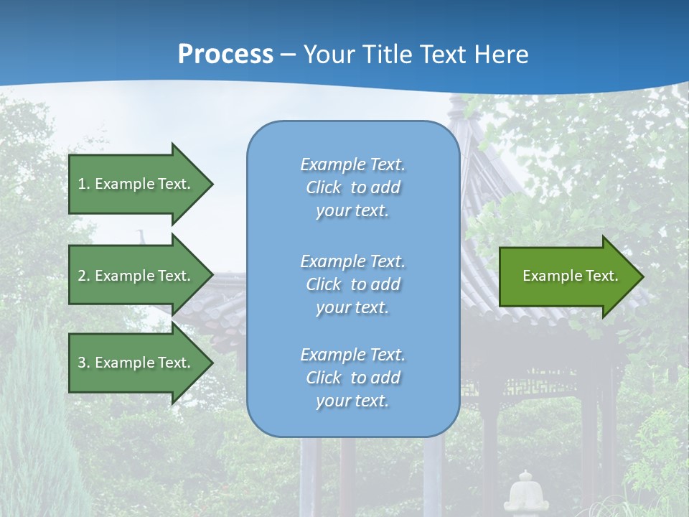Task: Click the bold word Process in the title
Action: (x=225, y=54)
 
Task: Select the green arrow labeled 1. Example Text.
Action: (x=136, y=184)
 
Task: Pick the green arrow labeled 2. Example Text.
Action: (x=136, y=276)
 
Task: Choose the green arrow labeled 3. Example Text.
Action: (x=136, y=363)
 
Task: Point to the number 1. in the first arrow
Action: (x=84, y=184)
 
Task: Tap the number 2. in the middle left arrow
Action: (x=84, y=276)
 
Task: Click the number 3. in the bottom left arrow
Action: (x=84, y=363)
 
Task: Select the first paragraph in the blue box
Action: (x=352, y=187)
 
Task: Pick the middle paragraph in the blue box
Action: (x=352, y=284)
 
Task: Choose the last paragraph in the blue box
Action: (x=352, y=378)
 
